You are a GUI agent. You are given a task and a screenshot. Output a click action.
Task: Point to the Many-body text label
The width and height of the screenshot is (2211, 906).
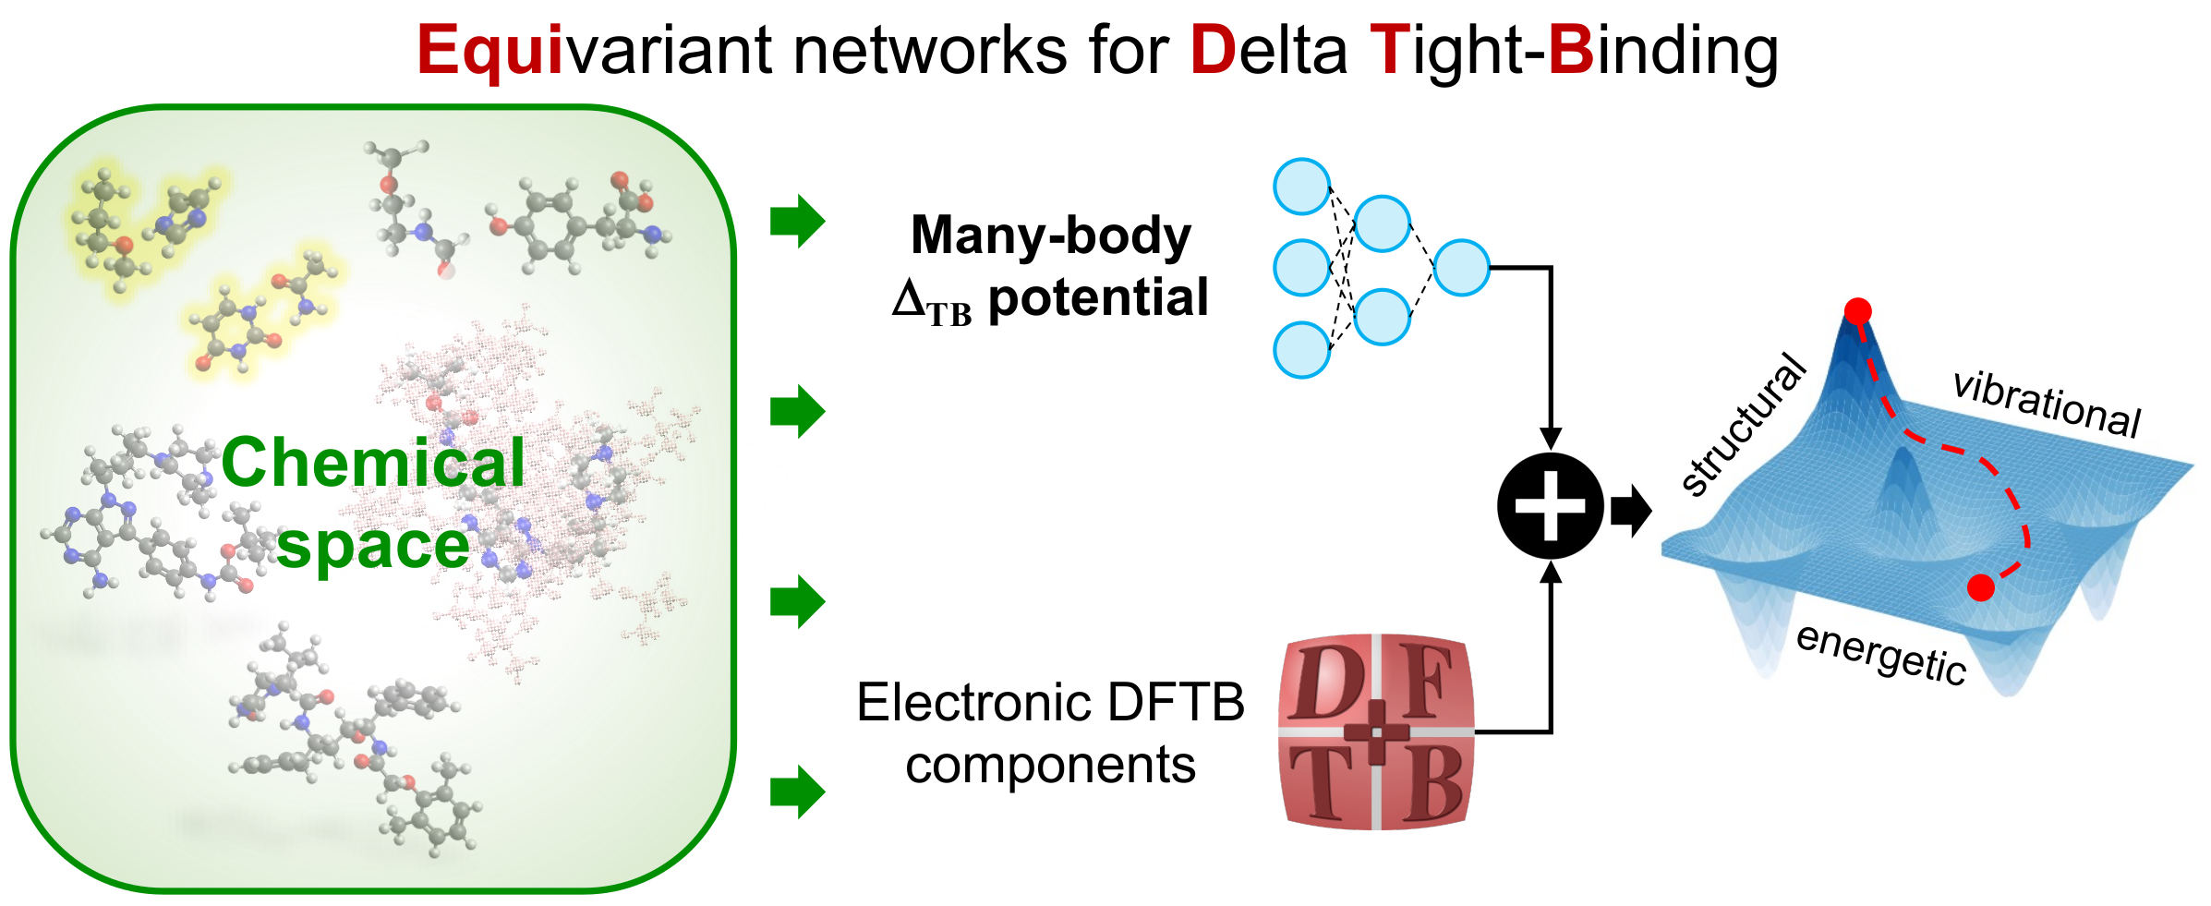(x=1051, y=235)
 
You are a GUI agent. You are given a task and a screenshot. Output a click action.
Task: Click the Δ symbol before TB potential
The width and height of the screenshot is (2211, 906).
(x=909, y=298)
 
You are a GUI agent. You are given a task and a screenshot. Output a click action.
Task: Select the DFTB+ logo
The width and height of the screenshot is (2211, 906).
(x=1376, y=731)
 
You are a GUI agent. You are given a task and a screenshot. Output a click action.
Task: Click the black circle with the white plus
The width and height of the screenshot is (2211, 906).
(x=1551, y=505)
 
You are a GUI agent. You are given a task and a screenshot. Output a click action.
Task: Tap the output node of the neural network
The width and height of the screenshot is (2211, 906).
(x=1462, y=268)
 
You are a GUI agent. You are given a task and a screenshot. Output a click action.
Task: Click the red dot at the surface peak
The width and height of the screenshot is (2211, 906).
(x=1857, y=311)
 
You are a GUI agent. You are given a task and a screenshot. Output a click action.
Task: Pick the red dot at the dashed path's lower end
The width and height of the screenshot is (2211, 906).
(x=1980, y=587)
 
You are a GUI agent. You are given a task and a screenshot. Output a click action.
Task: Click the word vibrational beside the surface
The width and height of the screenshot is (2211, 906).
(x=2047, y=404)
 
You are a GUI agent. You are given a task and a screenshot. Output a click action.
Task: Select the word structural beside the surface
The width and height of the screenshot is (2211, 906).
(x=1742, y=425)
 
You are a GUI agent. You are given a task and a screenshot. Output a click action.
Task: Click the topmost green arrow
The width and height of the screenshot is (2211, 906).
(x=797, y=222)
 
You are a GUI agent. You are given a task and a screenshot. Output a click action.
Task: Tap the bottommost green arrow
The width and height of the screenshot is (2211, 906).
(x=797, y=791)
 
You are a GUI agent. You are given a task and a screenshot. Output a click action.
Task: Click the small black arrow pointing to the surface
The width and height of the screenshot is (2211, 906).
(x=1630, y=510)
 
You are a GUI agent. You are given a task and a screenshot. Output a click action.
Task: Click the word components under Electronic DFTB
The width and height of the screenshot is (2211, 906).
(x=1050, y=766)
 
